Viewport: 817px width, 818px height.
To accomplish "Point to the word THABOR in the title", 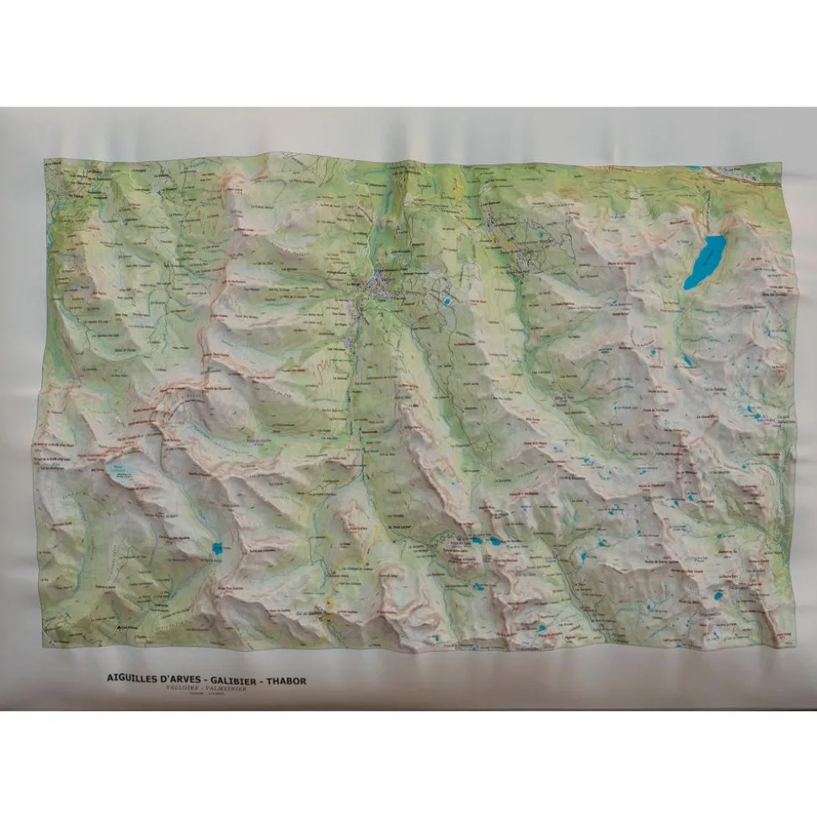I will point(287,676).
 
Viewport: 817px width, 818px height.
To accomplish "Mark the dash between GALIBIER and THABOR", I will point(262,676).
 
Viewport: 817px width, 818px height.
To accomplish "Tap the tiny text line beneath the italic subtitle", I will point(203,695).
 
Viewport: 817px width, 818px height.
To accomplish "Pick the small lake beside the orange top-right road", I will point(692,168).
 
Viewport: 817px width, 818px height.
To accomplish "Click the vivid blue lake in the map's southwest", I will point(217,549).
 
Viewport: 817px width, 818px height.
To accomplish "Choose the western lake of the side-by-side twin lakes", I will point(477,542).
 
